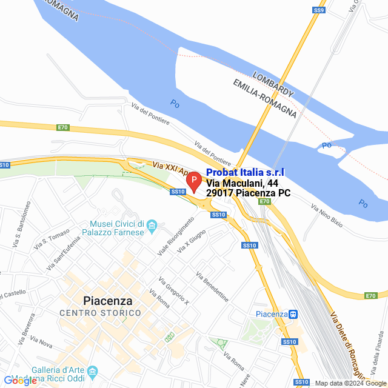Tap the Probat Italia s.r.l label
point(245,173)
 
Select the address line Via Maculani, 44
point(242,183)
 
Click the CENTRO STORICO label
point(100,313)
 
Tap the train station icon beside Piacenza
point(293,314)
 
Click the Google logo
point(20,380)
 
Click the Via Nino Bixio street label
point(327,215)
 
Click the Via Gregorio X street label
point(174,292)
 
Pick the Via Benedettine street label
point(212,287)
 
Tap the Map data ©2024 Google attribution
point(350,383)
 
